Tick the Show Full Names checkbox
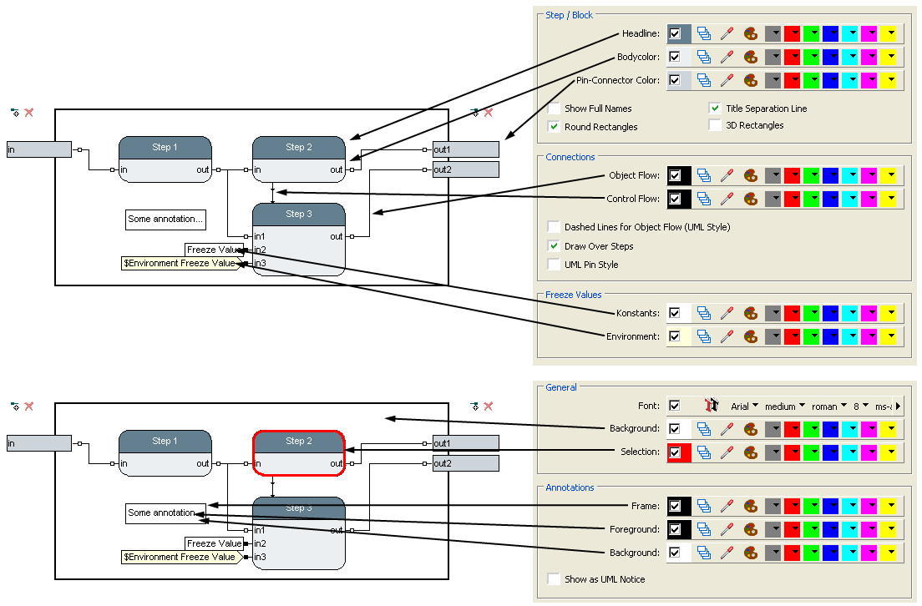tap(554, 109)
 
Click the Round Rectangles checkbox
tap(554, 127)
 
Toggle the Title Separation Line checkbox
tap(715, 109)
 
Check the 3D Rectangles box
tap(715, 125)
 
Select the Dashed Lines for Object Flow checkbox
tap(554, 227)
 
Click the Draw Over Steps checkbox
tap(554, 246)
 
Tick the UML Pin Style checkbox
tap(554, 265)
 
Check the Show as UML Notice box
tap(554, 579)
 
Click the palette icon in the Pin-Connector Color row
tap(751, 81)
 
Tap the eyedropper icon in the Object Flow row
tap(727, 176)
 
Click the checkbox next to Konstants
tap(675, 313)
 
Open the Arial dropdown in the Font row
tap(744, 407)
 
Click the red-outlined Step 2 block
tap(299, 453)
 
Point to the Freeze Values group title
tap(573, 295)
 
